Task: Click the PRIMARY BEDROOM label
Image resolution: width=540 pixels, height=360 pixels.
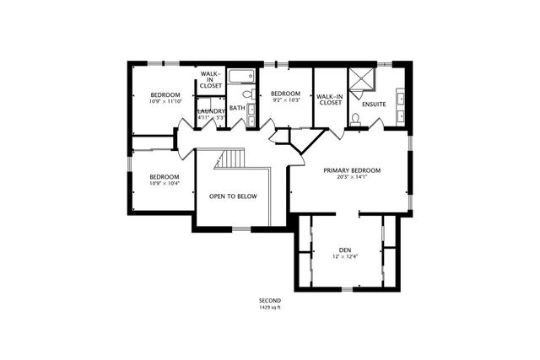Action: (352, 170)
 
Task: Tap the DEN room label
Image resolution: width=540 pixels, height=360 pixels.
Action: (344, 250)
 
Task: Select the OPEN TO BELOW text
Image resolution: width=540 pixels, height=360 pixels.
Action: (233, 196)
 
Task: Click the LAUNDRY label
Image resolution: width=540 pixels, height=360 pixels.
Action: (210, 110)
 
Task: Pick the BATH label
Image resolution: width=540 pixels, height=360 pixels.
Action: (237, 107)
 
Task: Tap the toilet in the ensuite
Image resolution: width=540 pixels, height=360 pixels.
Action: (355, 119)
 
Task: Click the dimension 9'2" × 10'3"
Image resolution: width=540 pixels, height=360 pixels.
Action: (285, 101)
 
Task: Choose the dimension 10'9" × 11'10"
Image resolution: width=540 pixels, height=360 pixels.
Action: (165, 101)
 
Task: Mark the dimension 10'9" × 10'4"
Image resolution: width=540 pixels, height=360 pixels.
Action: (165, 184)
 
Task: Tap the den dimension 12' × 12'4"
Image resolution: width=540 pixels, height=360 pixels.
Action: (344, 257)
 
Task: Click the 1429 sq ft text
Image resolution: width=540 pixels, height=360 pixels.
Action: (270, 308)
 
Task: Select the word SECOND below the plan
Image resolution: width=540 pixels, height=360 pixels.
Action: (270, 300)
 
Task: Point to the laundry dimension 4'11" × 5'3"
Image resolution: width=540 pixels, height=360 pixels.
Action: (210, 118)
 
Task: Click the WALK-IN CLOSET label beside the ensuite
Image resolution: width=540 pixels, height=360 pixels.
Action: (329, 99)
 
